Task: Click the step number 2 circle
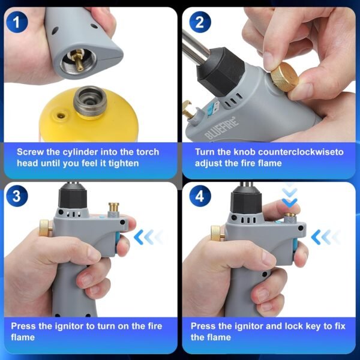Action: (x=199, y=23)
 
